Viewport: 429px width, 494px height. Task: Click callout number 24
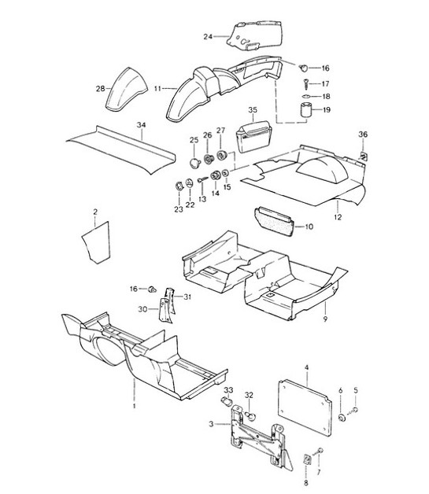click(208, 37)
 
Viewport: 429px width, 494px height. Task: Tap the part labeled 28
click(125, 89)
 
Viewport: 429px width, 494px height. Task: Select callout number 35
click(253, 110)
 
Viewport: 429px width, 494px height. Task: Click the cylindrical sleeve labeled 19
click(305, 110)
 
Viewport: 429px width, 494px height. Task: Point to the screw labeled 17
click(306, 83)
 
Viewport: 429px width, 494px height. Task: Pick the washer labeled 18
click(306, 96)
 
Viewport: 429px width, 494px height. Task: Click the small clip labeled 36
click(363, 156)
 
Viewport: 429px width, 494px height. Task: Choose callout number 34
click(141, 125)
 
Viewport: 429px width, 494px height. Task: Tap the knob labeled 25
click(194, 164)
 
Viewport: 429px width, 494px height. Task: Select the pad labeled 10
click(274, 221)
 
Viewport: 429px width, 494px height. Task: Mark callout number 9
click(325, 319)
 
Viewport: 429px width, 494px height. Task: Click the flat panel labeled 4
click(305, 407)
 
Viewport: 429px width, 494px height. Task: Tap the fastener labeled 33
click(227, 402)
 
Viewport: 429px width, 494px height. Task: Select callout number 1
click(135, 405)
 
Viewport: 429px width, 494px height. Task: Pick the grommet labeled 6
click(341, 418)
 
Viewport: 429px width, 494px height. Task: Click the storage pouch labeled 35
click(253, 137)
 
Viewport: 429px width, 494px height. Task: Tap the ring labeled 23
click(179, 186)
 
